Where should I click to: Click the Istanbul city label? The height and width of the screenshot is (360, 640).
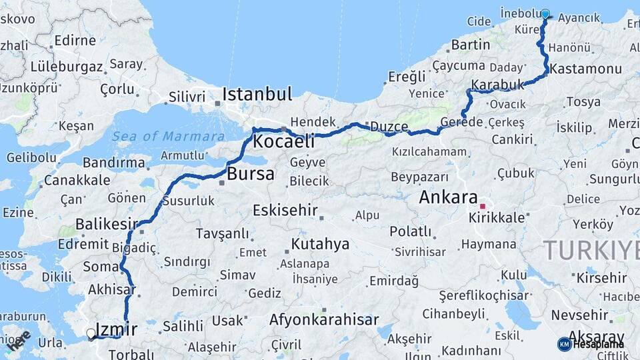point(257,94)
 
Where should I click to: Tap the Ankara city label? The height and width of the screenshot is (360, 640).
point(448,197)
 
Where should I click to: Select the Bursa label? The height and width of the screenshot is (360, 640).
point(251,175)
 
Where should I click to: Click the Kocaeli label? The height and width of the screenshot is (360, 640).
point(283,141)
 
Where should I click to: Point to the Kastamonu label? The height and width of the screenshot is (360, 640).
point(585,69)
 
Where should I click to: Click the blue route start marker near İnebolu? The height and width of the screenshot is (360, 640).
point(545,14)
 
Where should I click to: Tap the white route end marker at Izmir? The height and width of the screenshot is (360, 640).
point(91,333)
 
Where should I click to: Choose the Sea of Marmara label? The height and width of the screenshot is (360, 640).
point(168,137)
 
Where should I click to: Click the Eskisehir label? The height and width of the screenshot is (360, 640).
point(285,211)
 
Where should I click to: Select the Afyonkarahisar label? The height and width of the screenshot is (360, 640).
point(324,320)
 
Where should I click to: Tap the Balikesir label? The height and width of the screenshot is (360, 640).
point(106,224)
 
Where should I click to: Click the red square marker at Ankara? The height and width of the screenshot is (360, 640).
point(482,207)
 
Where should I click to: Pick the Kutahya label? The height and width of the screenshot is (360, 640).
point(320,244)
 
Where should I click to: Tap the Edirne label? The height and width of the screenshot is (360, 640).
point(75,40)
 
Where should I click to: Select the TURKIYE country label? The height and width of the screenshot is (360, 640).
point(591,251)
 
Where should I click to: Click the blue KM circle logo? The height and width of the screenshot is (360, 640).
point(565,344)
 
